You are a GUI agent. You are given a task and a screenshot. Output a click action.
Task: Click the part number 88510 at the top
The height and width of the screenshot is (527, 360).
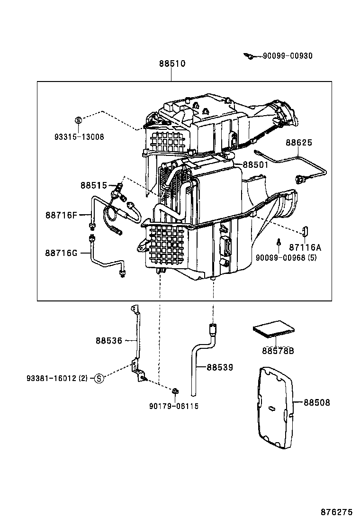click(171, 64)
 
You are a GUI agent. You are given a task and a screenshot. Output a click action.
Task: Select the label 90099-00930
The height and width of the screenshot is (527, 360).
click(288, 56)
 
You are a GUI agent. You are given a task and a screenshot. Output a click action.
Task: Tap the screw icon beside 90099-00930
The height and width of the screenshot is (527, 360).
click(248, 56)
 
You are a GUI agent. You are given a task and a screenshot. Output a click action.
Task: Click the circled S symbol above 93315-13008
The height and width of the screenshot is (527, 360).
click(79, 120)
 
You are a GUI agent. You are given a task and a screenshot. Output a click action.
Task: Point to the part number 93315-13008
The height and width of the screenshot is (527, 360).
click(79, 137)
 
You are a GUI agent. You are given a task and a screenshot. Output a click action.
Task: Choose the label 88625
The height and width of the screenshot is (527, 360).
click(298, 142)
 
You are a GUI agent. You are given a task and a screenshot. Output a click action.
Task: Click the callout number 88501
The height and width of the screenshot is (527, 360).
click(255, 164)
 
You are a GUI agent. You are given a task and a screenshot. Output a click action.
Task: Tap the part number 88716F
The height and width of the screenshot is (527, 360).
click(61, 215)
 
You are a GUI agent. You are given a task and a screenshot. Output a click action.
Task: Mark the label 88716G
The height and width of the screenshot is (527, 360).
click(61, 253)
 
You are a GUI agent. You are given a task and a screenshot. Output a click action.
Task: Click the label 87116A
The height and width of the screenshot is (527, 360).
click(305, 247)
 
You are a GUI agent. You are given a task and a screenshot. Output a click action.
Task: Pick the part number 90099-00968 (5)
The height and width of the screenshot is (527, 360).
click(286, 257)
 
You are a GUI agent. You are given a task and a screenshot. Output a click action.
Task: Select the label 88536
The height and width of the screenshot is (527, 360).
click(108, 340)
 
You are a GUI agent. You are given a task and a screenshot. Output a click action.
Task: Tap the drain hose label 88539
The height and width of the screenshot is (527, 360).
click(219, 367)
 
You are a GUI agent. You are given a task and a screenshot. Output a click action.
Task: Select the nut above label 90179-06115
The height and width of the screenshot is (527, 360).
click(174, 391)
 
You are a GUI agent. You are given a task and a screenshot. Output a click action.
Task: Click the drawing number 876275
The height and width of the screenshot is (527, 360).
click(336, 512)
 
